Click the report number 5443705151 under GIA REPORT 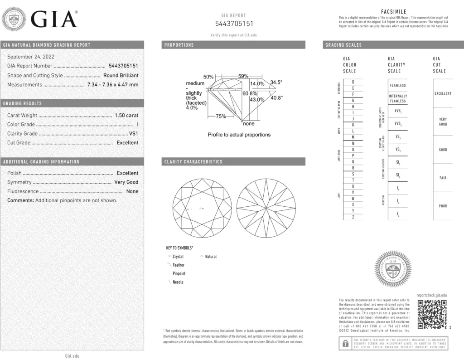point(234,24)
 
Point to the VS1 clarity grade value point(134,133)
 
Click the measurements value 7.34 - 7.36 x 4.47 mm point(113,84)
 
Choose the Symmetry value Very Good point(126,182)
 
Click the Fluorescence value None point(132,191)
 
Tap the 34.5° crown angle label point(276,83)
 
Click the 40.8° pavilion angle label point(276,97)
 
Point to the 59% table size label point(243,76)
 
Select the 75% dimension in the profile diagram point(221,117)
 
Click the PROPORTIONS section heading point(179,45)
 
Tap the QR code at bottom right point(432,314)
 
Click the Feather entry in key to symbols point(178,265)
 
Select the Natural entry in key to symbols point(211,257)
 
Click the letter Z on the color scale point(353,218)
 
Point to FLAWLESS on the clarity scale point(398,85)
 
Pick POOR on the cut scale point(443,206)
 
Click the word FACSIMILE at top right point(394,12)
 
